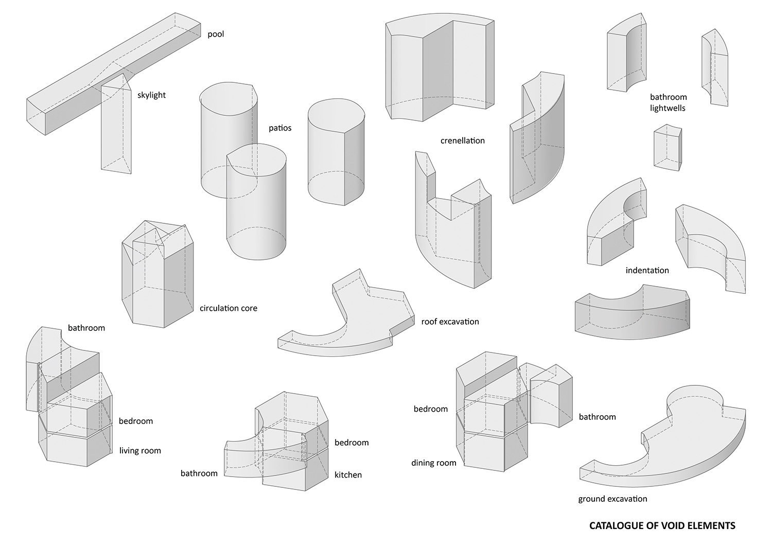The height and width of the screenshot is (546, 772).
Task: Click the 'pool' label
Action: point(216,34)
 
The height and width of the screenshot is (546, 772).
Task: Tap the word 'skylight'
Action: point(151,95)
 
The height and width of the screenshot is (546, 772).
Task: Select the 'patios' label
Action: point(280,128)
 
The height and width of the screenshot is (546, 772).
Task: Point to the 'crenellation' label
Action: point(462,140)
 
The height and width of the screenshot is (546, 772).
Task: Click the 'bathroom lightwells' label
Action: point(668,102)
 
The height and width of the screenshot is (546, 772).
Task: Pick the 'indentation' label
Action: point(647,270)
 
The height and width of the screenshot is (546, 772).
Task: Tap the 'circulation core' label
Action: point(228,309)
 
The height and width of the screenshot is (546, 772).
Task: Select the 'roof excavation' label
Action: point(450,322)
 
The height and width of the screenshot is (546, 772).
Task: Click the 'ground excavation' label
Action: point(612,499)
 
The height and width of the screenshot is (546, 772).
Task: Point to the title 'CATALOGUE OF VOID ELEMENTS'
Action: point(662,526)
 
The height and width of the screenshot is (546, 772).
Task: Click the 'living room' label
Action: point(140,451)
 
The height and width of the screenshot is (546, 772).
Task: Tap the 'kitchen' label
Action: point(348,475)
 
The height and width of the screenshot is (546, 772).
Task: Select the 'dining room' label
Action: point(433,463)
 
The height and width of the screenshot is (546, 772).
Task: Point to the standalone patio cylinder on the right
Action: point(336,154)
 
